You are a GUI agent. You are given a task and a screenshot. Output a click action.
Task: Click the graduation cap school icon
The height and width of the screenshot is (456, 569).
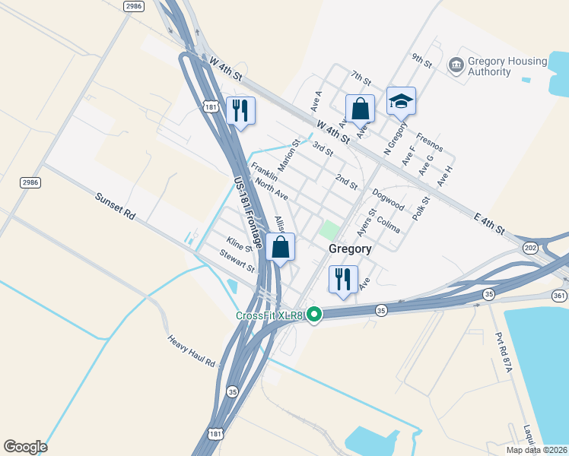tap(402, 100)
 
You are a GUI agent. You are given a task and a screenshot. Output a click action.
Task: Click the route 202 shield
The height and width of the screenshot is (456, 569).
tap(530, 248)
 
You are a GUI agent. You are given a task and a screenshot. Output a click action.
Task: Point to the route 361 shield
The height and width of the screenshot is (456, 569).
tap(560, 296)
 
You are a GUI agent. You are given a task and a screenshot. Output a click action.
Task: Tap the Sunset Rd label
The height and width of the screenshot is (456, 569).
tap(115, 206)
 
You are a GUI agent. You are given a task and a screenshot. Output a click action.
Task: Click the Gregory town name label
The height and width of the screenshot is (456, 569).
tap(350, 249)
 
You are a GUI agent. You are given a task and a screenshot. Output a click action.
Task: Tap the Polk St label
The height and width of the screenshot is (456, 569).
tap(421, 207)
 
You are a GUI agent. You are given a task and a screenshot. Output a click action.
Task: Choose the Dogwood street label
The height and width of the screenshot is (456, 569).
tap(388, 199)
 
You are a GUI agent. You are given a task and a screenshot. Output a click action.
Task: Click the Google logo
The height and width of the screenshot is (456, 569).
tap(25, 447)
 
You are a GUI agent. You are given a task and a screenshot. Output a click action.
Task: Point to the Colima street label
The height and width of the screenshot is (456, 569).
tap(388, 226)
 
